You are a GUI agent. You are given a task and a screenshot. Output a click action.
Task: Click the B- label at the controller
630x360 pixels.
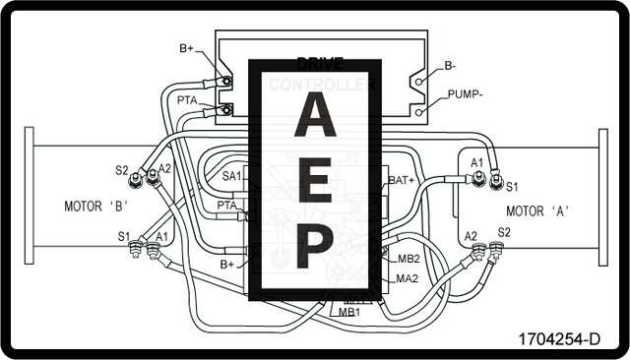[450, 66]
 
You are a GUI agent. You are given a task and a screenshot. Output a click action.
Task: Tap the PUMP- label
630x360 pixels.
[464, 95]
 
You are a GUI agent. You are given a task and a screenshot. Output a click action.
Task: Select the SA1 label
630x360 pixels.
[231, 175]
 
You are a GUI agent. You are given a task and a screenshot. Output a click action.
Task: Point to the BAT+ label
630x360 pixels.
[401, 180]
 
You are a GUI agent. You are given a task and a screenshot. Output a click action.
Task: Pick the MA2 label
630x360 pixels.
[408, 278]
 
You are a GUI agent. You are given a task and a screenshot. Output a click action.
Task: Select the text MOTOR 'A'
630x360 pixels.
[538, 210]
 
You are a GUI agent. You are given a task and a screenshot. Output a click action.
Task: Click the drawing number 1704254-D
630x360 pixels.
[559, 339]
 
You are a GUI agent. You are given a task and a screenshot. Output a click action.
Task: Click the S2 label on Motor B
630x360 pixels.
[122, 170]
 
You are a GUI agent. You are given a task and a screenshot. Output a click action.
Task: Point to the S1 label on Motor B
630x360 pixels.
[123, 236]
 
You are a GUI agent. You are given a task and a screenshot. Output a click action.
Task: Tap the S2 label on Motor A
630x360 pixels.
[504, 232]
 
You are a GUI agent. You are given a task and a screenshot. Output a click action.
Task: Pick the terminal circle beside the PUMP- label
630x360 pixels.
[420, 112]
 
